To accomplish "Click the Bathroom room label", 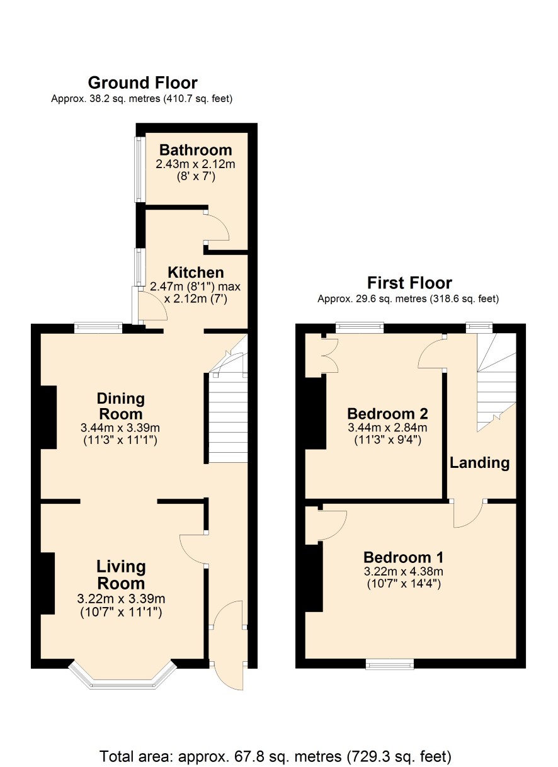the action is (196, 151).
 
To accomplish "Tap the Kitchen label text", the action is (196, 273).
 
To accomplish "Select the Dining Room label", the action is (120, 406).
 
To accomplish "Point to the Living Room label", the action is (120, 575).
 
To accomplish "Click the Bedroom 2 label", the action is (387, 414).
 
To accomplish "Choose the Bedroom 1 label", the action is (404, 557).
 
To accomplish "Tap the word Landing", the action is (479, 463).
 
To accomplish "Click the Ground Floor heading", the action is (142, 83).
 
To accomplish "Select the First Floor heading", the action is (409, 283).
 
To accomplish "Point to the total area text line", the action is (275, 756).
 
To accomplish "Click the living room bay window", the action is (122, 672).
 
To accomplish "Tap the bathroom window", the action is (139, 170).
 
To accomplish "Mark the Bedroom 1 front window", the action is (390, 664).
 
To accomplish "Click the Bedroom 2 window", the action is (360, 327).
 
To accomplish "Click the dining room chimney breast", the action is (48, 417).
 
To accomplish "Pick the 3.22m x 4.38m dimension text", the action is (404, 571).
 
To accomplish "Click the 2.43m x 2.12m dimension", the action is (196, 164).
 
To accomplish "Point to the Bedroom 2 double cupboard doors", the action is (331, 355).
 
